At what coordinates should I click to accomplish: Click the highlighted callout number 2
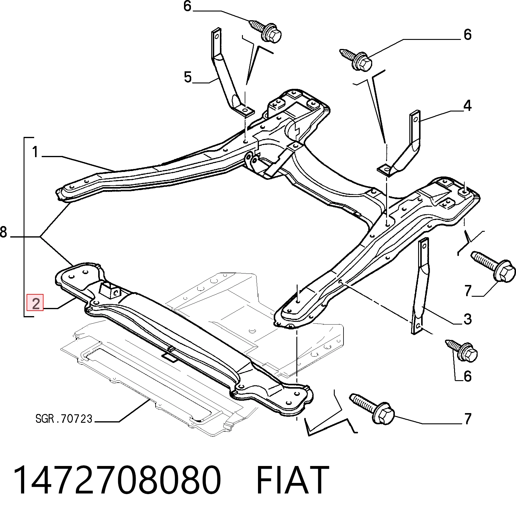click(35, 303)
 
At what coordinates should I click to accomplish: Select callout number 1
click(36, 152)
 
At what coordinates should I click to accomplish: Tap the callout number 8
click(3, 232)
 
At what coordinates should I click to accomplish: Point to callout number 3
click(467, 319)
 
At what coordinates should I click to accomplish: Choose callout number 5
click(188, 77)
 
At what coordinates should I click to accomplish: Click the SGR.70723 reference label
click(64, 419)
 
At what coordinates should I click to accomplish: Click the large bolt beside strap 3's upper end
click(493, 267)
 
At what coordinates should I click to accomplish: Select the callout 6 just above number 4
click(467, 34)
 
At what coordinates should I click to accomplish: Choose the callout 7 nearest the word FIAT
click(467, 419)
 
